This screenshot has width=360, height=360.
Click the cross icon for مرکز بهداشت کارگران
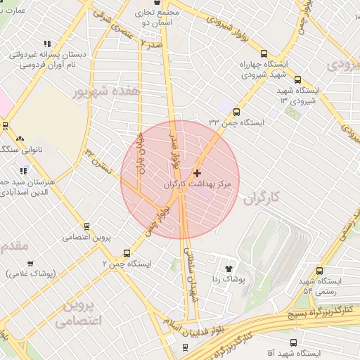(x=196, y=173)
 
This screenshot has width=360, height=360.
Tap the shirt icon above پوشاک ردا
(x=229, y=268)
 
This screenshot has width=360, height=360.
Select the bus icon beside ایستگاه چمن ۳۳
(x=236, y=112)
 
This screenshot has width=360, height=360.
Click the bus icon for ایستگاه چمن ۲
(x=127, y=253)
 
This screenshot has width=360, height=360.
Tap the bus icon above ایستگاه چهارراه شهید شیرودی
(x=264, y=53)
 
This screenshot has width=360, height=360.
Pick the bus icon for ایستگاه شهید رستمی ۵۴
(x=320, y=271)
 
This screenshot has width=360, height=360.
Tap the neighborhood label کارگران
(x=264, y=198)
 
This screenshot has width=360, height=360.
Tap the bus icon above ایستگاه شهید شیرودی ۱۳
(x=297, y=80)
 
